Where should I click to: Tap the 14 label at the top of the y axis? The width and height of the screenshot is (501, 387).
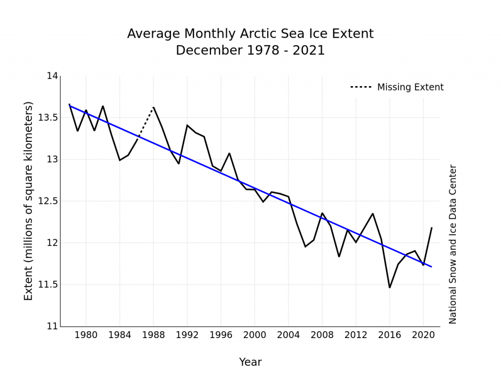pos(52,76)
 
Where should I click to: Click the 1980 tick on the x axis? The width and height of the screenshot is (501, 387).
pos(86,335)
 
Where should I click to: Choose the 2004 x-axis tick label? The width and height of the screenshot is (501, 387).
pos(288,335)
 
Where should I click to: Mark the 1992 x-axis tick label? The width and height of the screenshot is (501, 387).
pos(187,335)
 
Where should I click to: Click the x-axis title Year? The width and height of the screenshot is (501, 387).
pos(250,363)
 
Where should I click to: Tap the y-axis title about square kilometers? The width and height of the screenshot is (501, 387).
pos(29,201)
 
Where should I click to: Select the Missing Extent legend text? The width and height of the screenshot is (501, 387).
pos(410,88)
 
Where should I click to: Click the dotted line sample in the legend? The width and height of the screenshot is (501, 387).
pos(361,88)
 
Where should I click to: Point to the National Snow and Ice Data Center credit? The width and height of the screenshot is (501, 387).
pos(453,244)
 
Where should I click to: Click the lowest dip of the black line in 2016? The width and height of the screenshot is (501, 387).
pos(389,288)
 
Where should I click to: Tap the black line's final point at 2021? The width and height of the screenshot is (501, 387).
pos(432,228)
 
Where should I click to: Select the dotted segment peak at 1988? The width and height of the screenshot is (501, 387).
pos(154,107)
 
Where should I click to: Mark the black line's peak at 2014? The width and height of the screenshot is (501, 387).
pos(373,214)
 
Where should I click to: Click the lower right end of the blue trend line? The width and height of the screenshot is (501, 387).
pos(432,267)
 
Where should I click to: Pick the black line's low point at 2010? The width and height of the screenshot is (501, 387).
pos(339,256)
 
